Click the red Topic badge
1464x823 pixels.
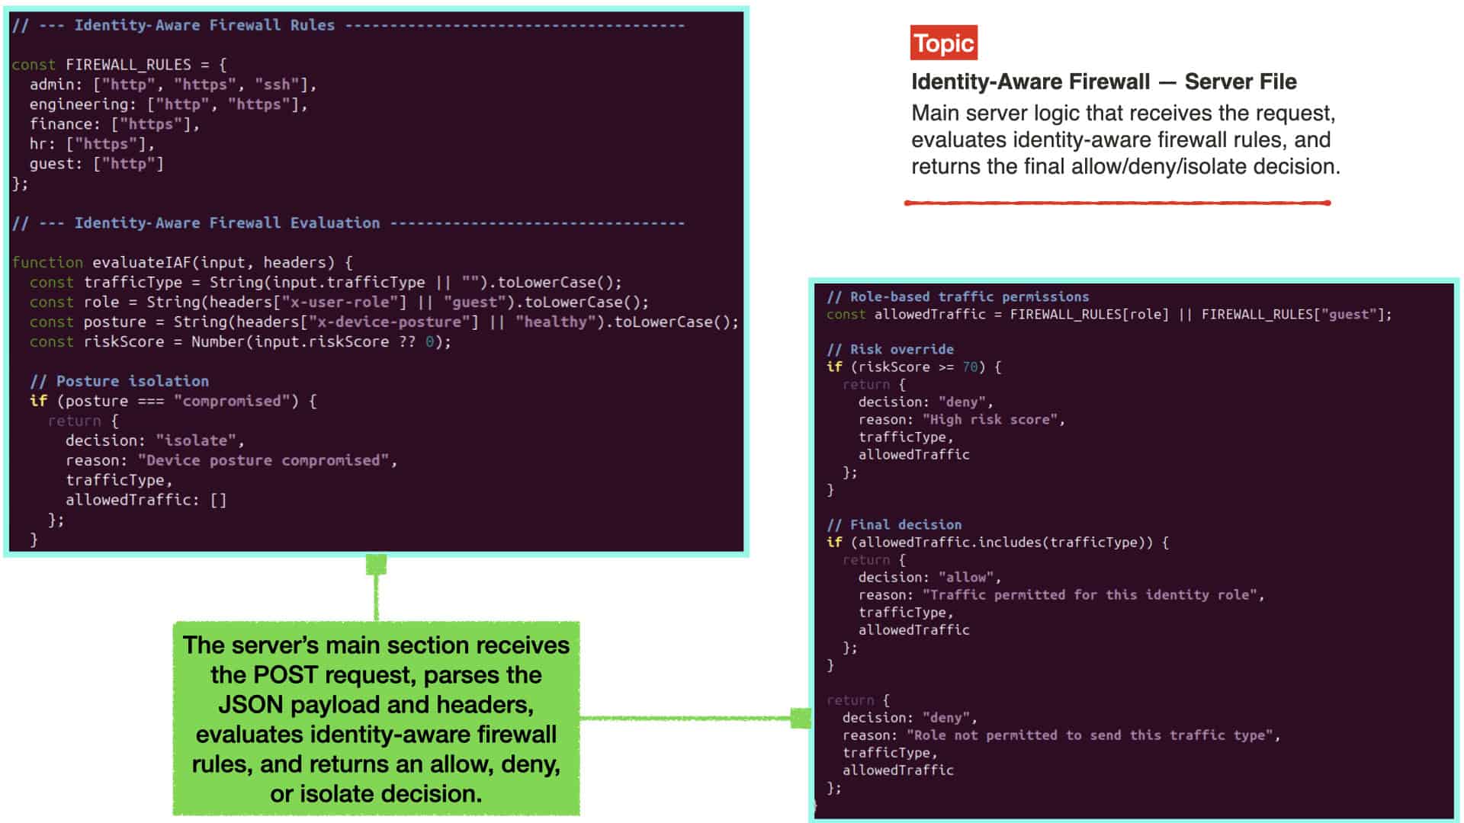[943, 43]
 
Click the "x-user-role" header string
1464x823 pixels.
[339, 303]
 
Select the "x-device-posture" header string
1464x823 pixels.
[389, 322]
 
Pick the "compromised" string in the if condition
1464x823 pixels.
[232, 402]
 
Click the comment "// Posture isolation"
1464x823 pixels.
[119, 382]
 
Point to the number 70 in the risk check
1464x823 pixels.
[970, 367]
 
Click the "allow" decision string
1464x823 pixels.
[966, 578]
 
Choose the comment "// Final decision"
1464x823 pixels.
[894, 525]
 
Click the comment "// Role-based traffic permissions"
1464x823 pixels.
[958, 297]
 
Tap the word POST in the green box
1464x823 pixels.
[280, 675]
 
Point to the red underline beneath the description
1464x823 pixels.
[1117, 203]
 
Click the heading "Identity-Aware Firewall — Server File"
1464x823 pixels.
[1104, 82]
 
